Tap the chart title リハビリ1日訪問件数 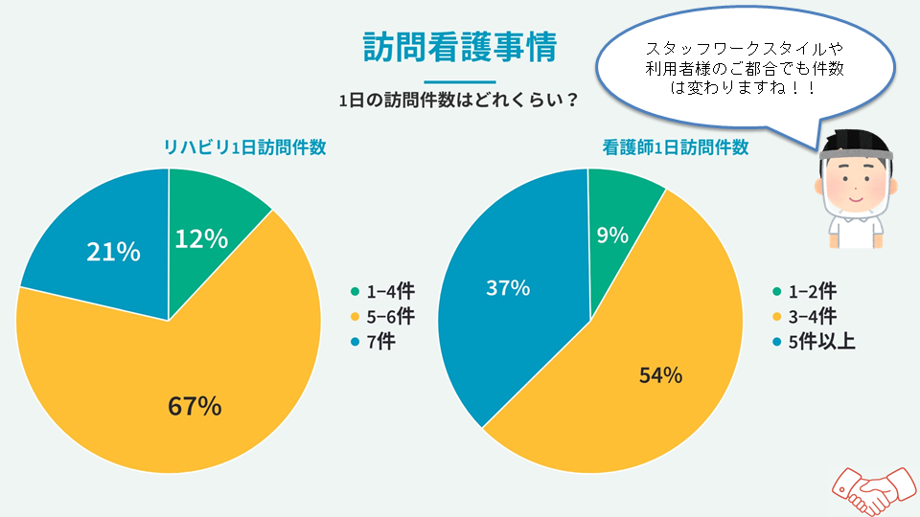click(243, 147)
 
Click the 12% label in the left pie click(201, 238)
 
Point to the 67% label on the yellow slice click(195, 406)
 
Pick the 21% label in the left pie click(113, 253)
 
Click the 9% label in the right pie click(612, 235)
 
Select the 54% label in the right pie click(660, 375)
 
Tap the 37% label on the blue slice click(508, 287)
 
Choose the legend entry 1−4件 click(383, 292)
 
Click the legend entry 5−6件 click(383, 316)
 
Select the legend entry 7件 click(377, 341)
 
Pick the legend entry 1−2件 click(806, 292)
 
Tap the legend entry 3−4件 click(806, 316)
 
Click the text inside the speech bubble click(743, 67)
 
